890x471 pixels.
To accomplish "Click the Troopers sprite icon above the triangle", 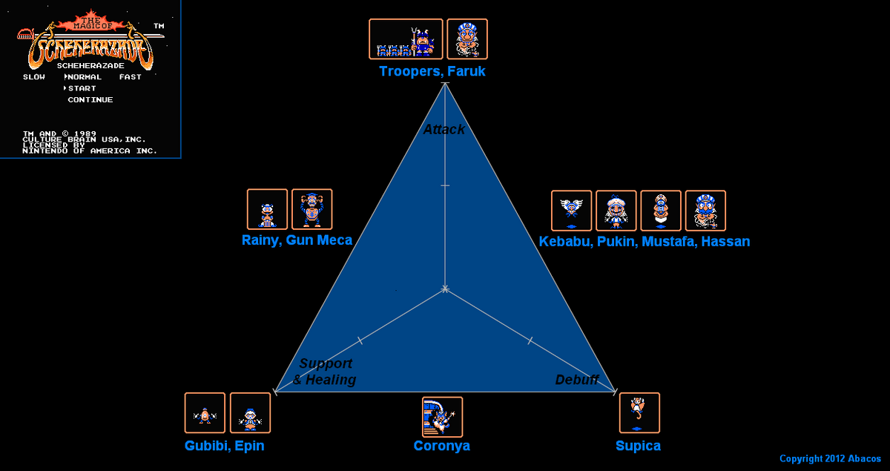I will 406,39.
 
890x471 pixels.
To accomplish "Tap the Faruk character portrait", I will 467,39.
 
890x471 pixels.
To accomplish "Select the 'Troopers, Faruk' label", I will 432,71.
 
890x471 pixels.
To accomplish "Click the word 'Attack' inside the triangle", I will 444,129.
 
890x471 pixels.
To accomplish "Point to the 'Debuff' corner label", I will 577,380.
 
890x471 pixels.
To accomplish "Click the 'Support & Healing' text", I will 325,372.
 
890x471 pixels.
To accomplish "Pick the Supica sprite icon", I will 639,413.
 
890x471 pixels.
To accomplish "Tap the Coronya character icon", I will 442,417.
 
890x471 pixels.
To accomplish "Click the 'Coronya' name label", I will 442,446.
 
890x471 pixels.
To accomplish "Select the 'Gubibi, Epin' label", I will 224,446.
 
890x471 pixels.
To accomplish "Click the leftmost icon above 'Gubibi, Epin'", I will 205,413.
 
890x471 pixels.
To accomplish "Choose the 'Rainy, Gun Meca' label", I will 297,240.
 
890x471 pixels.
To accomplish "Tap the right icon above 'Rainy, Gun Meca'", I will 311,209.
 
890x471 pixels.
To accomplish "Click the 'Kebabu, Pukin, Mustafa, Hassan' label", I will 644,242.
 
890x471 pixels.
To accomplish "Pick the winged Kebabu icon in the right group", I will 572,211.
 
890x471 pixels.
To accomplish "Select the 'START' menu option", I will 82,88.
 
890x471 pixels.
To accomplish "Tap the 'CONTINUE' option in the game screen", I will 90,99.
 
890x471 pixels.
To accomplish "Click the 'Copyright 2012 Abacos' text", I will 830,459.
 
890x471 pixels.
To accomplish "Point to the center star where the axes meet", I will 445,288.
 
